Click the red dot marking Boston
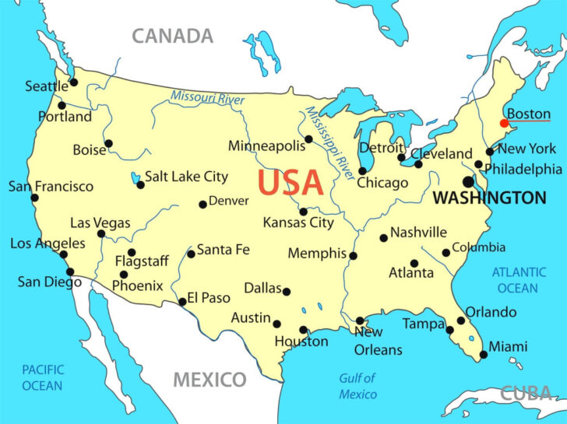tap(505, 123)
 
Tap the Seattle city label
tap(47, 86)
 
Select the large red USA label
tap(290, 182)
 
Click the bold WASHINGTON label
tap(489, 198)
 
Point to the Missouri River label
tap(208, 100)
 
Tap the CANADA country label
tap(172, 36)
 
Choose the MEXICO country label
tap(210, 380)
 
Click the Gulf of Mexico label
tap(357, 386)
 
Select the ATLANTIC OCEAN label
tap(518, 280)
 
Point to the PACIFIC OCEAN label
tap(42, 377)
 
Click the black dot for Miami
tap(484, 355)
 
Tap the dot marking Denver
tap(202, 205)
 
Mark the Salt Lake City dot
tap(140, 185)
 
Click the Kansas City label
tap(298, 223)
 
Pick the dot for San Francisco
tap(34, 198)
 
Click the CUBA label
tap(525, 394)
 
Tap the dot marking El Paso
tap(182, 302)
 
